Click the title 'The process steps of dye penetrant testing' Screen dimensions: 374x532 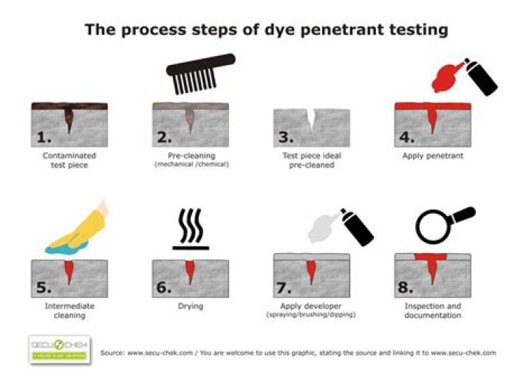pyautogui.click(x=266, y=30)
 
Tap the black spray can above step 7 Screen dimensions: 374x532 pyautogui.click(x=357, y=227)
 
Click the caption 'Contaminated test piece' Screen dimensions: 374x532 pyautogui.click(x=69, y=159)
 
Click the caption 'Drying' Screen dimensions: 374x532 pyautogui.click(x=190, y=305)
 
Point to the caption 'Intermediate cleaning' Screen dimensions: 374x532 pyautogui.click(x=69, y=310)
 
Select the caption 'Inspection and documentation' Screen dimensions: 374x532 pyautogui.click(x=432, y=310)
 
